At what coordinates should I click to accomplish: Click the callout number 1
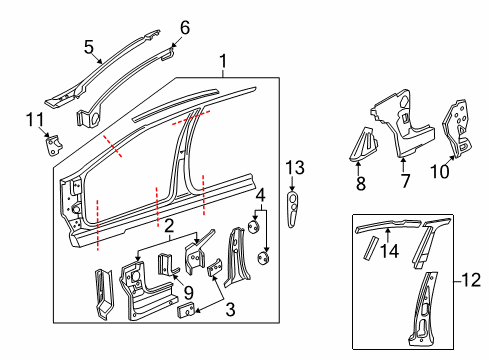click(x=222, y=62)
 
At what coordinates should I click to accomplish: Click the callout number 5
click(x=89, y=46)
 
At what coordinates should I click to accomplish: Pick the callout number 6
click(x=183, y=27)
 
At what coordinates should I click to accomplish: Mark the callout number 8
click(x=361, y=183)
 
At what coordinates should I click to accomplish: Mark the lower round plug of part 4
click(x=265, y=258)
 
